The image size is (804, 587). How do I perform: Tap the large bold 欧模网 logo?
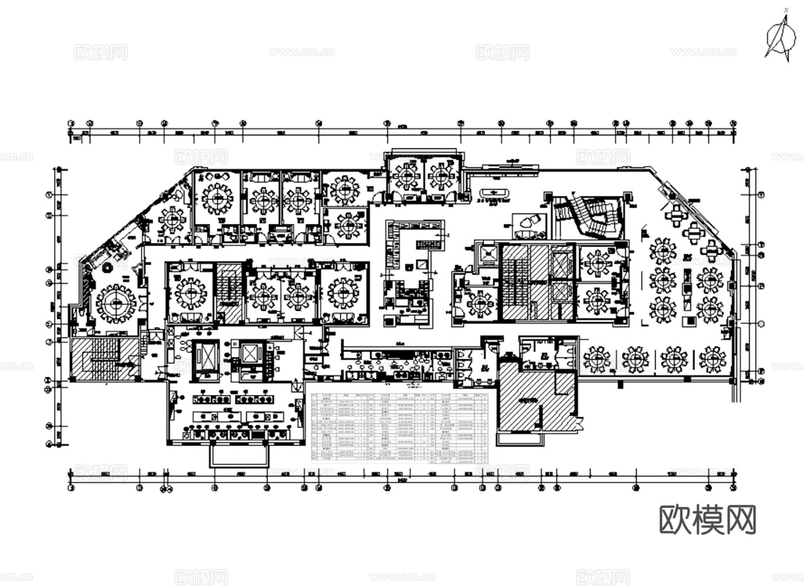tap(707, 520)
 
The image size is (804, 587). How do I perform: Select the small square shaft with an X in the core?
tap(488, 254)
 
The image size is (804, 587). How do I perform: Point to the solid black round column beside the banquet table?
tap(108, 268)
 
